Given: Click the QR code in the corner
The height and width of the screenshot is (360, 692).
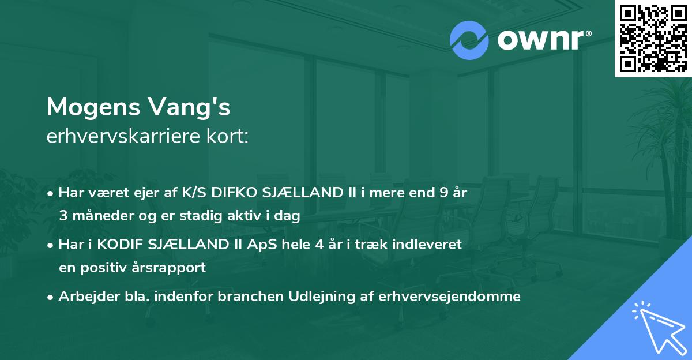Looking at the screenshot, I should [x=653, y=39].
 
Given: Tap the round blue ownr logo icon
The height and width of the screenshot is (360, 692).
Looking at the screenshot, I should [x=469, y=40].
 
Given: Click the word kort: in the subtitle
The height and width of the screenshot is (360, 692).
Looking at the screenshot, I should [x=229, y=137].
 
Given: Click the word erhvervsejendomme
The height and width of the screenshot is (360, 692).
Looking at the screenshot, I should [x=450, y=297].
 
